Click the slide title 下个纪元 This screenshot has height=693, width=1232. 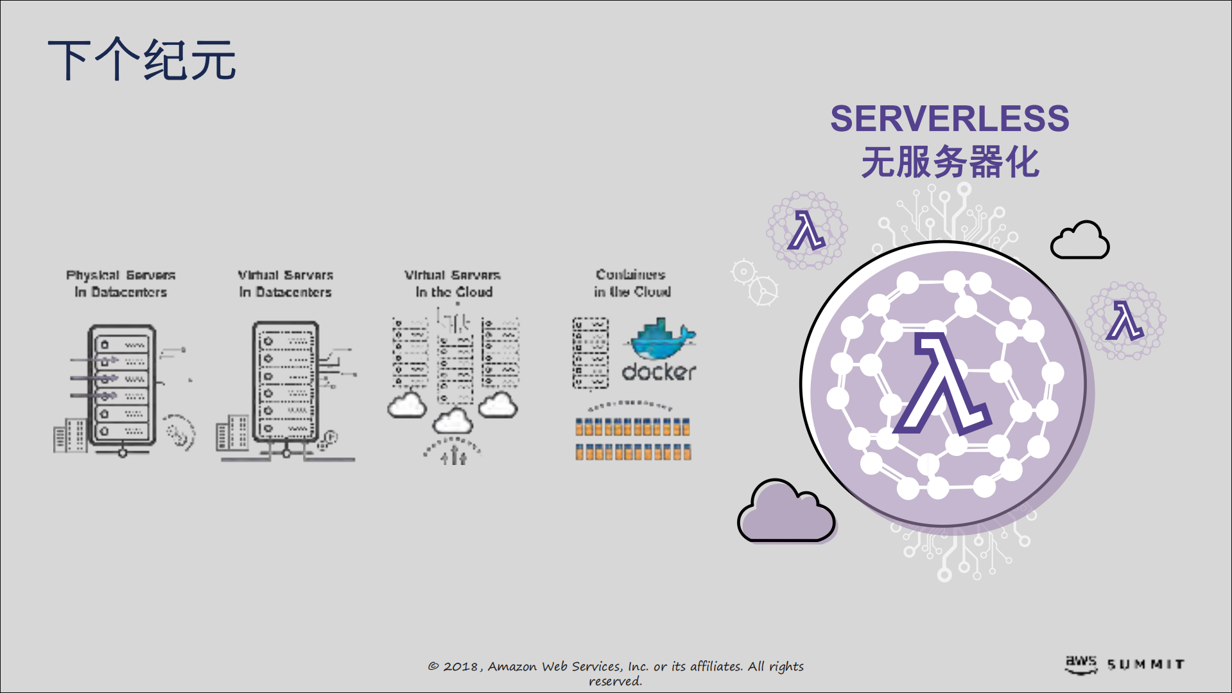point(142,60)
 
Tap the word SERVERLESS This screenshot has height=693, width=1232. point(950,119)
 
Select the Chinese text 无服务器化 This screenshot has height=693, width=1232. point(950,162)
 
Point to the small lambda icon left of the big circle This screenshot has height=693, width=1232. point(806,230)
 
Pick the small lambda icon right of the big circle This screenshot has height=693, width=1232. point(1125,320)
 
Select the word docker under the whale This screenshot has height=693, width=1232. point(659,372)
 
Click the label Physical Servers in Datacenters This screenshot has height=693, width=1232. point(121,283)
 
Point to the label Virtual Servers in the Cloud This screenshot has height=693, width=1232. point(453,283)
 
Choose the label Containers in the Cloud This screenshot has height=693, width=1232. point(632,283)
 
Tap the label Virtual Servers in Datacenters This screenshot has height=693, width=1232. point(286,283)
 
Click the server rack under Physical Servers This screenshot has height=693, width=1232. point(121,385)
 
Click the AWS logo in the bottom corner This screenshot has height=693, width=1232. point(1081,664)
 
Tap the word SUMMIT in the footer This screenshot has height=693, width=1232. point(1146,665)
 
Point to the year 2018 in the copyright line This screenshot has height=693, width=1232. point(460,667)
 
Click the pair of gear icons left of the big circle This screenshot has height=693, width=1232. point(754,281)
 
